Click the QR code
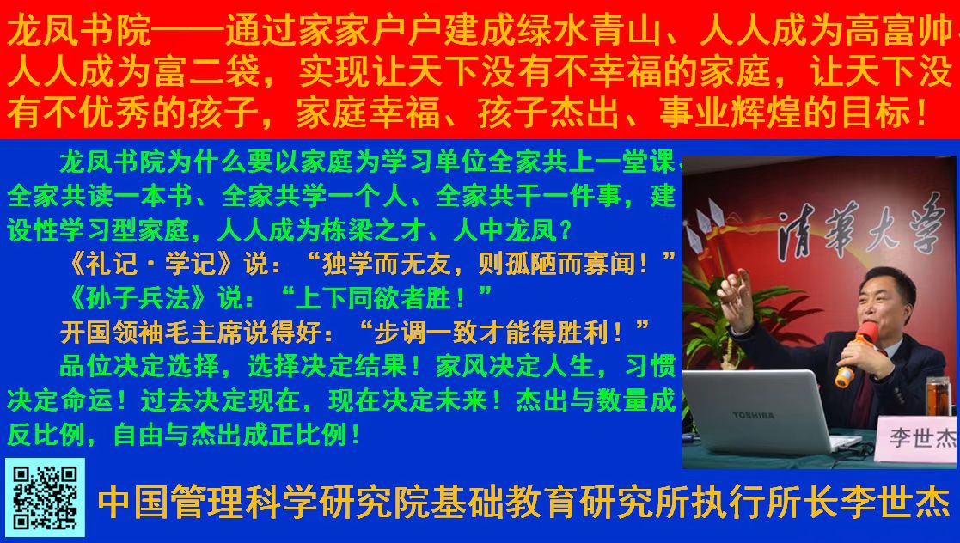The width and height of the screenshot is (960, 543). [45, 497]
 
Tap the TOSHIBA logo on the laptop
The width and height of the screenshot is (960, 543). [753, 415]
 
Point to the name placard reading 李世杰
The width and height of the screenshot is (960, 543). [916, 438]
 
